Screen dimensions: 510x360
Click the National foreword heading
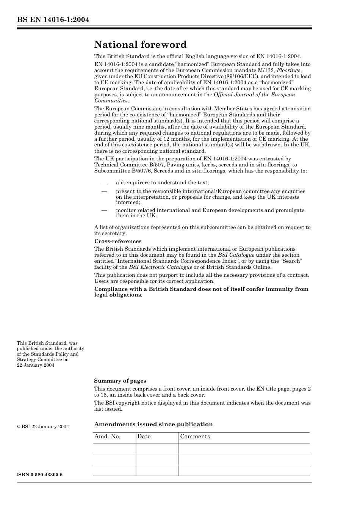[x=140, y=45]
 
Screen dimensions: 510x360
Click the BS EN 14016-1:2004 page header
[x=53, y=20]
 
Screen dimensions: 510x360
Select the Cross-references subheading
[x=118, y=241]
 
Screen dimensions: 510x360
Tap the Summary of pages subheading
[x=120, y=381]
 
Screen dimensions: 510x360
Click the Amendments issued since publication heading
[x=153, y=424]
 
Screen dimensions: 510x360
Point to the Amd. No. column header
[x=107, y=436]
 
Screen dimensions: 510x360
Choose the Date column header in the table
[x=144, y=436]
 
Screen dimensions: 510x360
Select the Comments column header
[x=195, y=436]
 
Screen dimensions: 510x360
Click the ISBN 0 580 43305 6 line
[x=40, y=475]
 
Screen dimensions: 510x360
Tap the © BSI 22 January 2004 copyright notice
[x=43, y=427]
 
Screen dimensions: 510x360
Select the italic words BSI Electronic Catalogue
[x=160, y=267]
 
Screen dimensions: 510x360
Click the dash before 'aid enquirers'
[x=104, y=182]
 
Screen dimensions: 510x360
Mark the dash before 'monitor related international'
[x=104, y=210]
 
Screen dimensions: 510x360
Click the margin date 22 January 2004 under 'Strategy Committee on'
[x=36, y=365]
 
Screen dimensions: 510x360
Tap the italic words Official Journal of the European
[x=254, y=94]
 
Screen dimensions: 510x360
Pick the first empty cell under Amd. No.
[x=114, y=449]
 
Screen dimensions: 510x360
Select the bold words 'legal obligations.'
[x=118, y=295]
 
